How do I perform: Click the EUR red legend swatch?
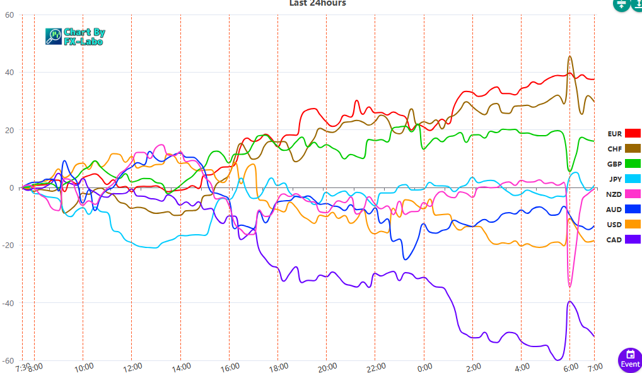tap(633, 133)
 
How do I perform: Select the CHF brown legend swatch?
tap(633, 148)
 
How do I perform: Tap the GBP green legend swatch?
tap(633, 163)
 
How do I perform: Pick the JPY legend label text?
tap(616, 179)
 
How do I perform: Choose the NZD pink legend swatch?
tap(633, 194)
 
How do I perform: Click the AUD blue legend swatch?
tap(633, 209)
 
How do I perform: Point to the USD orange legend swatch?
tap(633, 224)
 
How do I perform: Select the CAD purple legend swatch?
tap(633, 239)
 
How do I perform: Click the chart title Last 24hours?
tap(317, 3)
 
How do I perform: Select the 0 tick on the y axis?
tap(11, 188)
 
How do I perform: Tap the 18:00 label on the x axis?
tap(278, 367)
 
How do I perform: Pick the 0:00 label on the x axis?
tap(424, 367)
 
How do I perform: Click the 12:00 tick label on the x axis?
tap(132, 367)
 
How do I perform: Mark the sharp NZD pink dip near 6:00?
tap(570, 287)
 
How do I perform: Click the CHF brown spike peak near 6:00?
tap(570, 56)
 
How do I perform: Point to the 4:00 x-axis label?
tap(522, 367)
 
